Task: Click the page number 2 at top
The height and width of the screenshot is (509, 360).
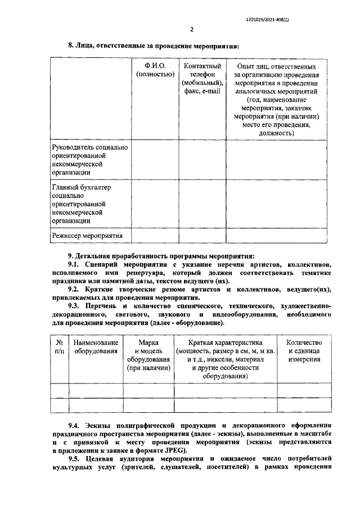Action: click(x=192, y=29)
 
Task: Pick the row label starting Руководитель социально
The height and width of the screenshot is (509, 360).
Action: click(x=89, y=160)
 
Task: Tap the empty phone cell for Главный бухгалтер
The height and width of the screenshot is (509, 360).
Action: click(x=202, y=204)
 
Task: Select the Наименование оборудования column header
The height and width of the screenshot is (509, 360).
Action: click(x=95, y=346)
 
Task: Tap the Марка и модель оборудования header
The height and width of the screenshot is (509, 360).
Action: click(x=148, y=355)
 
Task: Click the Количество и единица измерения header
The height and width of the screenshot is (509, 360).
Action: click(x=304, y=350)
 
